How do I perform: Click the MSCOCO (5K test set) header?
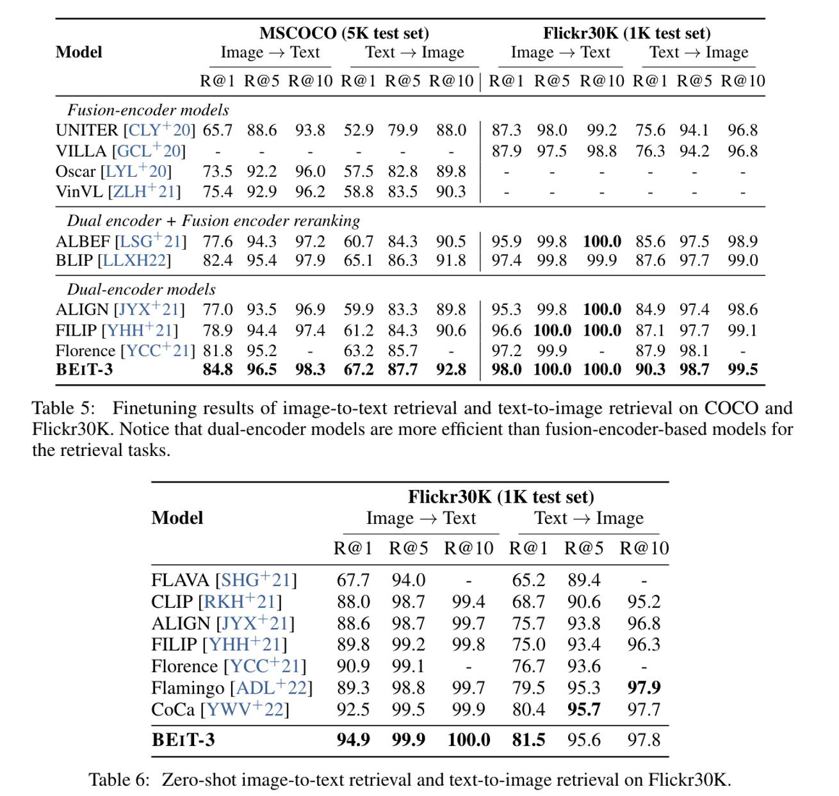(344, 33)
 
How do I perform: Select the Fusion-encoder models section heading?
(148, 110)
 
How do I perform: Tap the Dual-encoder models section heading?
(141, 289)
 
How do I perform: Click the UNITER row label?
(87, 131)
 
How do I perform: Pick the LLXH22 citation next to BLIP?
(137, 261)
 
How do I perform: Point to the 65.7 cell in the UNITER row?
(218, 131)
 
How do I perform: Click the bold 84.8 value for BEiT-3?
(218, 370)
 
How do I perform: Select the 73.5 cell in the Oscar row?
(218, 172)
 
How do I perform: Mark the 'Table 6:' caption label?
(119, 779)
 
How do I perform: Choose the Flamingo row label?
(188, 688)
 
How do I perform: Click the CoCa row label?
(173, 710)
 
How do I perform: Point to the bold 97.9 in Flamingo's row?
(644, 688)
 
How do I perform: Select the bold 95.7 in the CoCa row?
(583, 710)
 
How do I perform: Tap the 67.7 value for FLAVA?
(353, 580)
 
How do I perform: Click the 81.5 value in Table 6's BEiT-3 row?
(528, 740)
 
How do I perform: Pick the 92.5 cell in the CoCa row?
(353, 710)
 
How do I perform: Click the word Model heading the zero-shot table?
(177, 518)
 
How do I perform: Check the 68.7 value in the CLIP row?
(528, 602)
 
